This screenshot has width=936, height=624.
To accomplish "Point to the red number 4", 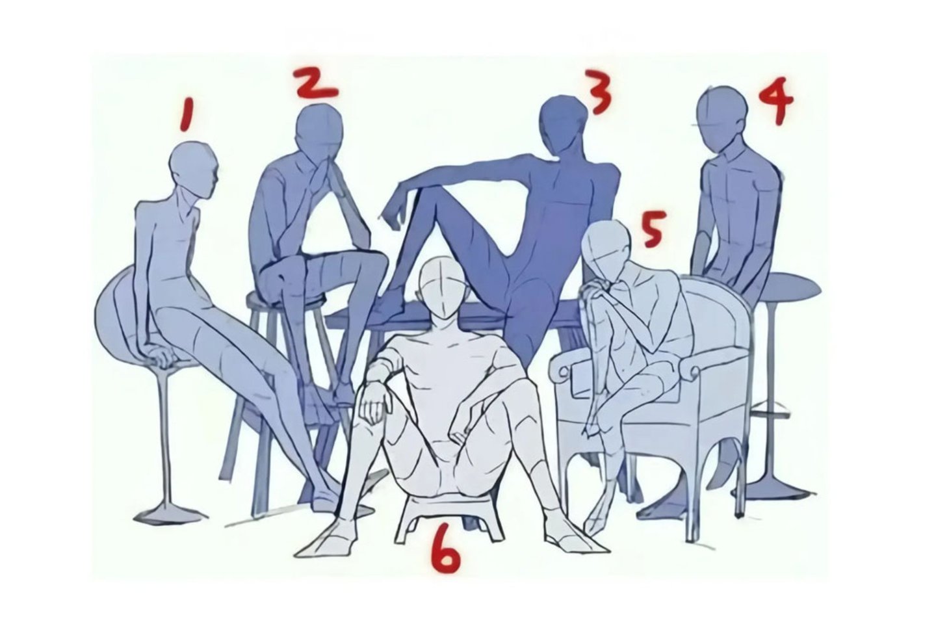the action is [x=775, y=100].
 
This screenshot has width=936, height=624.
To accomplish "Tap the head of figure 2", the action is [x=319, y=133].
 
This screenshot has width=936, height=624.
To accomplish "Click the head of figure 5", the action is [x=606, y=253].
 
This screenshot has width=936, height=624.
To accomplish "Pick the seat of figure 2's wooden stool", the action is [x=287, y=297].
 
